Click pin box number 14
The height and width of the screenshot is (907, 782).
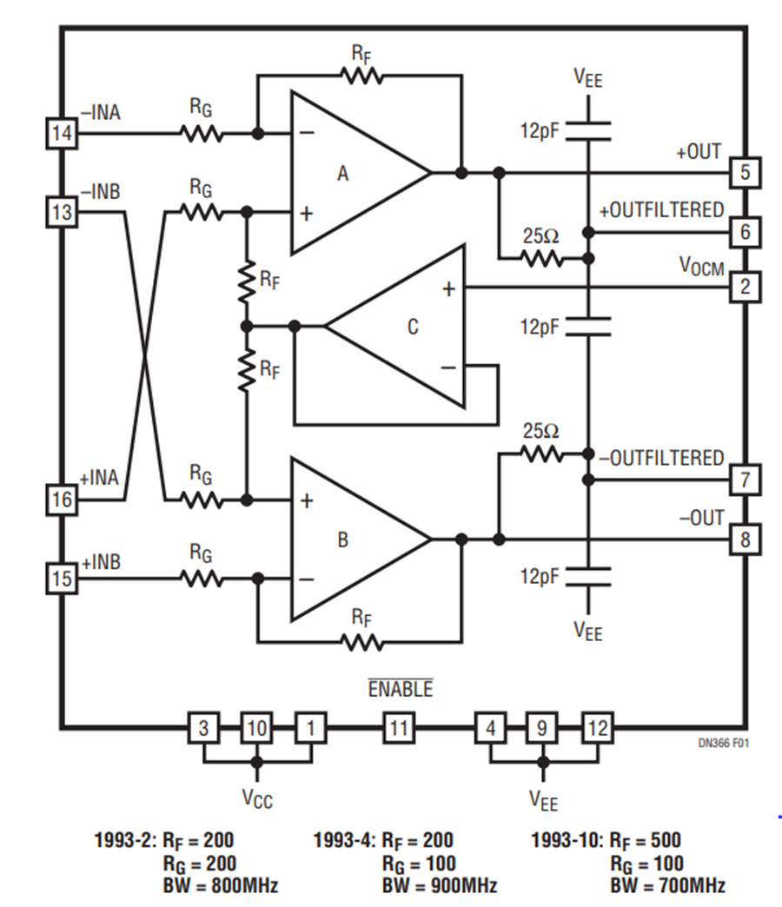coord(61,135)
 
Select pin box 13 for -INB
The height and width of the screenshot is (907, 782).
coord(61,212)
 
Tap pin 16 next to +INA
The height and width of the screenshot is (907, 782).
coord(61,500)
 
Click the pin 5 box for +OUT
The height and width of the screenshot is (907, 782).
coord(745,173)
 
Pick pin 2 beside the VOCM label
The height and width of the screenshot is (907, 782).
coord(745,287)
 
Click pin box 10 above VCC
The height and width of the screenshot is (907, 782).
coord(256,726)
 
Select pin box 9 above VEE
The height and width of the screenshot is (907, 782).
coord(542,726)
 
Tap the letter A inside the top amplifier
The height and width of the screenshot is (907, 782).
coord(342,174)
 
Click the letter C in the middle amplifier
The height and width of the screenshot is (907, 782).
coord(414,327)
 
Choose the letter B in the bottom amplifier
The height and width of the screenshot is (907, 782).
coord(342,540)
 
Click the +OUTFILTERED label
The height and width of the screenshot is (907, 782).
coord(661,210)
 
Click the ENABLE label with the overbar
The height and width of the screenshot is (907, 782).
coord(400,690)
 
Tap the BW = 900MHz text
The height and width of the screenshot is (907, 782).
coord(439,886)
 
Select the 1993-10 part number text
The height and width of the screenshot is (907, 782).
coord(565,840)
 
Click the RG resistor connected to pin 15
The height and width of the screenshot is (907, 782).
coord(202,578)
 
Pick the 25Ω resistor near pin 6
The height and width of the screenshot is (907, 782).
coord(541,258)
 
